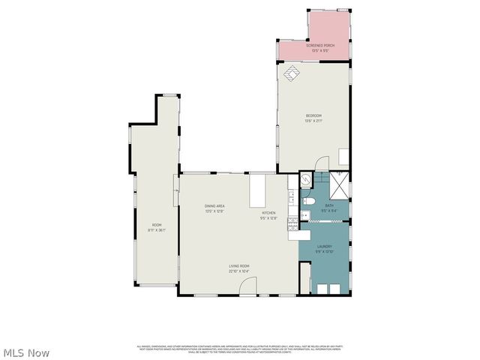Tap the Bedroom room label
[313, 117]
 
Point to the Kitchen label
[268, 215]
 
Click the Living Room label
[240, 268]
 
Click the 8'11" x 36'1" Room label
[157, 227]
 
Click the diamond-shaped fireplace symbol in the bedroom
[291, 72]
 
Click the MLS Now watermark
[27, 352]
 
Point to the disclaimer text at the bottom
[239, 349]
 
